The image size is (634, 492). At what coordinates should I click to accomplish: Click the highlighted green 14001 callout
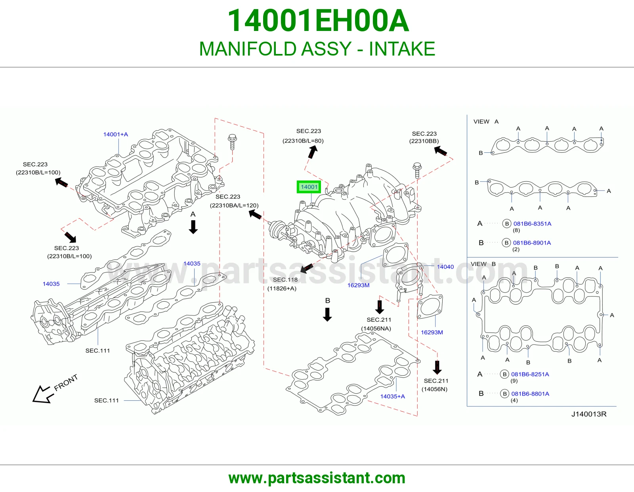pos(309,187)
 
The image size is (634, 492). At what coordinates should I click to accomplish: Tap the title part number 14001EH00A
pos(318,21)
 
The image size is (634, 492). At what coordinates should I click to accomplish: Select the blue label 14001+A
pos(116,135)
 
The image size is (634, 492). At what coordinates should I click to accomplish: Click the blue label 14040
pos(445,267)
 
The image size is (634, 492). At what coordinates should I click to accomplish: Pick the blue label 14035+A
pos(392,396)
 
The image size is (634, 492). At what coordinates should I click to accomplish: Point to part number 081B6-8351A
pos(532,224)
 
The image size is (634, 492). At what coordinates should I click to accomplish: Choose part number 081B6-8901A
pos(532,243)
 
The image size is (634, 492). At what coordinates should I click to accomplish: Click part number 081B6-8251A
pos(530,374)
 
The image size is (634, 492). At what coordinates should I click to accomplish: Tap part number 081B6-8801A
pos(530,394)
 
